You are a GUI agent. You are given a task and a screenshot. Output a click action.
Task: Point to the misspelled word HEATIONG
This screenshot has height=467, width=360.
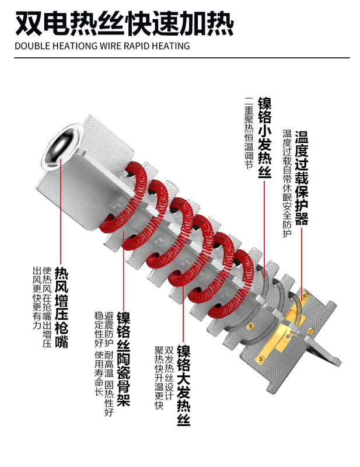74,46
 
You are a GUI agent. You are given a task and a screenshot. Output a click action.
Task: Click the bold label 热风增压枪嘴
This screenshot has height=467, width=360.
61,308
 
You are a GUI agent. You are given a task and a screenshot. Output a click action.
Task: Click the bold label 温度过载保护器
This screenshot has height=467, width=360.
301,178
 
